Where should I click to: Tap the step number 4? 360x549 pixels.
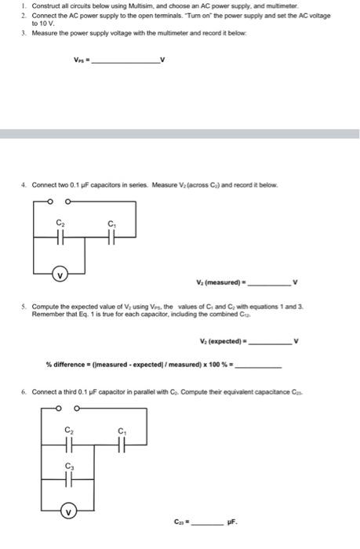tap(24, 184)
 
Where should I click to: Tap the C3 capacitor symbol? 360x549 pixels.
tap(69, 477)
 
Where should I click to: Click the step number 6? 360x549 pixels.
tap(24, 391)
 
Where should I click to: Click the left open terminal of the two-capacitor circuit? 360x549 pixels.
tap(50, 202)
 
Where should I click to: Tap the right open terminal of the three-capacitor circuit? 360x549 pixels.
tap(77, 408)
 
